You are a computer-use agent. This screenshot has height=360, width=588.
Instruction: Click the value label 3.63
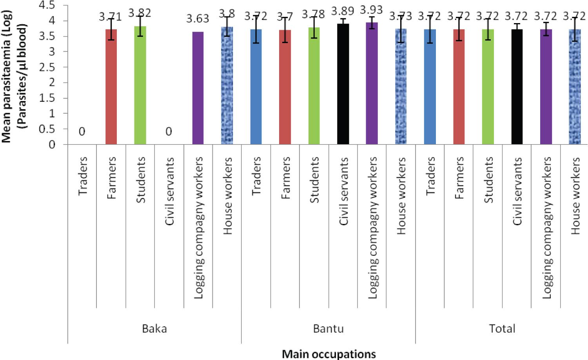point(198,19)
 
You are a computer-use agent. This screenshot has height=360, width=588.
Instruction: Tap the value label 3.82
point(140,13)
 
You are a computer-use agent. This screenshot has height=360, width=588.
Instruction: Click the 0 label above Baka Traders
point(82,132)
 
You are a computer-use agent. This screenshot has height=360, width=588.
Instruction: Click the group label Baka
point(154,328)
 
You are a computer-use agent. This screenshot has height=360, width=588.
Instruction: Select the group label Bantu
point(328,328)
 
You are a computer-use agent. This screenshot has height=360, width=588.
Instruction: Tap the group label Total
point(502,328)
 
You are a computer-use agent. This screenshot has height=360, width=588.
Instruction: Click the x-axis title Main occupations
point(329,354)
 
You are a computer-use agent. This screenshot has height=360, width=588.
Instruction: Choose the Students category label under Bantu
point(314,180)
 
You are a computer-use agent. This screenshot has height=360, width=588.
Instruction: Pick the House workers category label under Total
point(575,196)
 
